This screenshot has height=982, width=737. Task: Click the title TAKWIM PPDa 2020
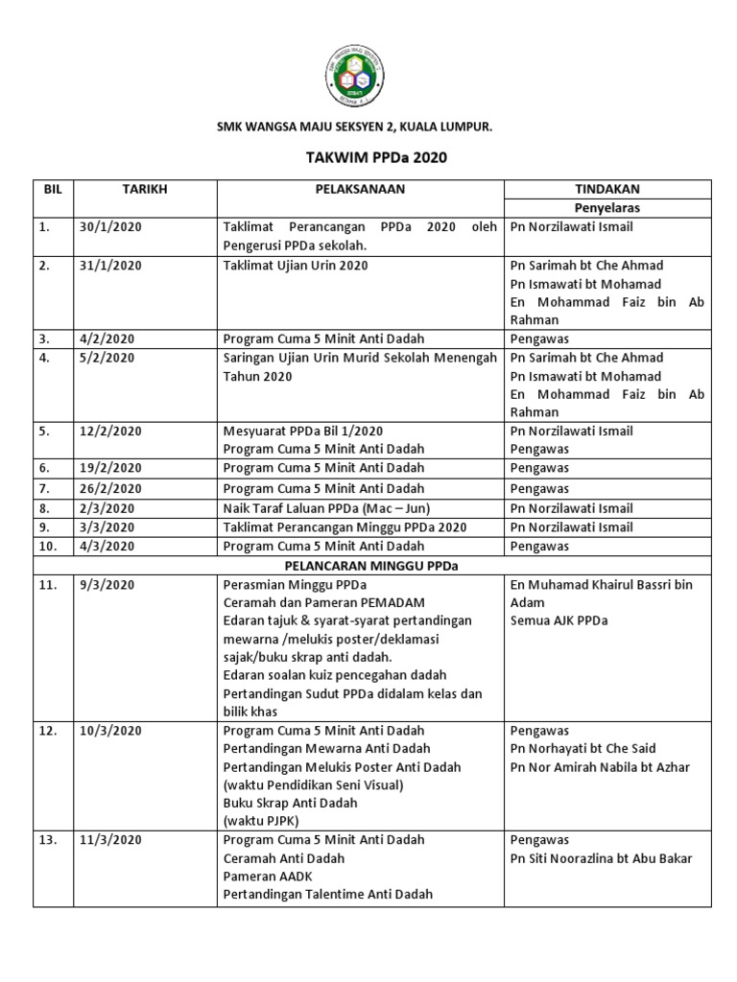tap(368, 157)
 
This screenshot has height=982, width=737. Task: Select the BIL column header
tap(53, 189)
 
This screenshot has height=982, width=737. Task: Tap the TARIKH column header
tap(145, 189)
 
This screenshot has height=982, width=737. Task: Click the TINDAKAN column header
tap(606, 189)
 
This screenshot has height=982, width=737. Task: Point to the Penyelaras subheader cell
tap(606, 207)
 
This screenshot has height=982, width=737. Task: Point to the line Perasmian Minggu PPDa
tap(295, 585)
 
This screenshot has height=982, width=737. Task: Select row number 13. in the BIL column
tap(49, 840)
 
